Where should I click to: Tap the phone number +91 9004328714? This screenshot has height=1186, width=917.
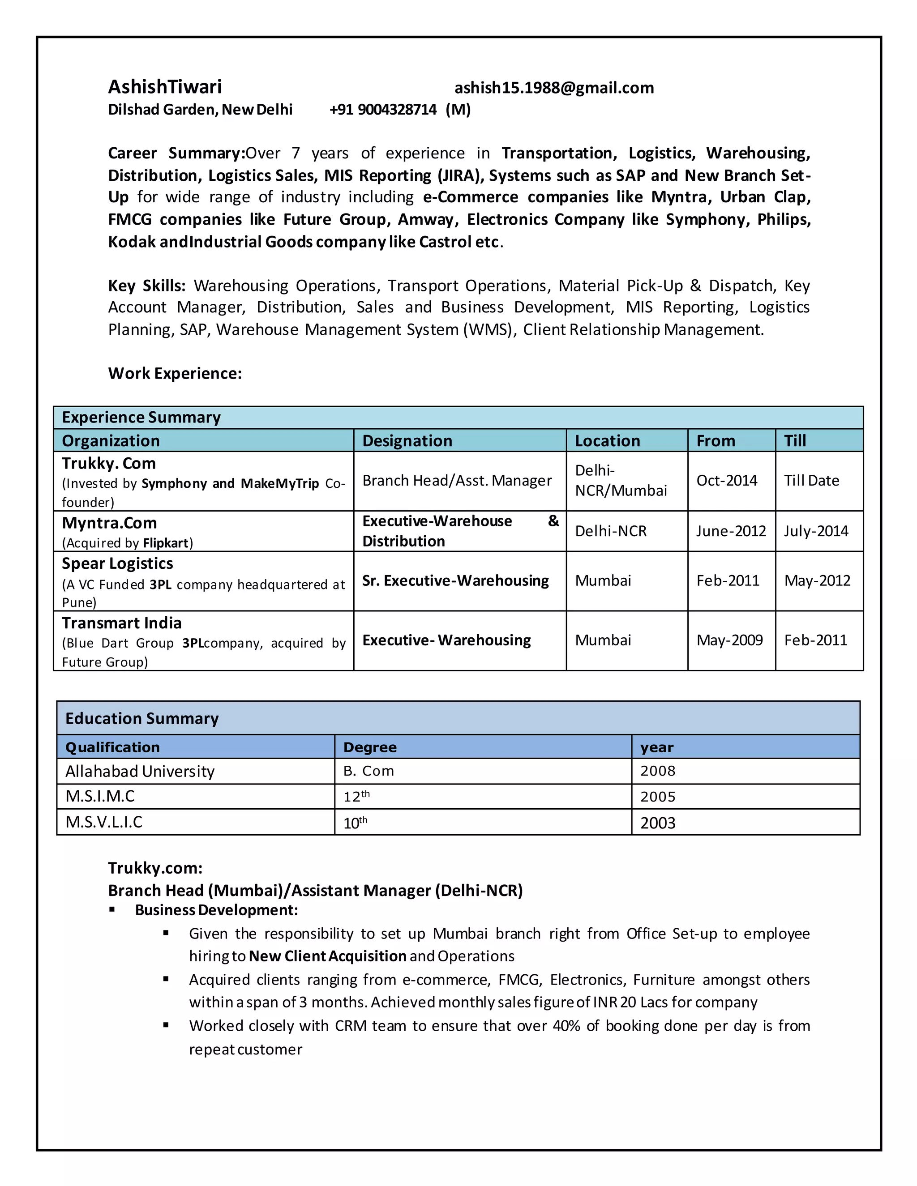[383, 110]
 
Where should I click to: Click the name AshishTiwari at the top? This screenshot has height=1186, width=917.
[165, 87]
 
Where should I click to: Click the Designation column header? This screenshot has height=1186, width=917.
[407, 441]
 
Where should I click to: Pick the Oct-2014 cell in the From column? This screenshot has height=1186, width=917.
[726, 481]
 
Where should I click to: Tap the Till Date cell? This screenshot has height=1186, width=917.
[811, 481]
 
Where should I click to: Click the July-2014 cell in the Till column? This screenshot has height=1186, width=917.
[815, 531]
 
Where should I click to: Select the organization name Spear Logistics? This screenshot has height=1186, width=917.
[117, 563]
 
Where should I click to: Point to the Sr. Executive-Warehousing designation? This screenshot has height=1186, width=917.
[455, 581]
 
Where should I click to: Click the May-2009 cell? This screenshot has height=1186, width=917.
[729, 640]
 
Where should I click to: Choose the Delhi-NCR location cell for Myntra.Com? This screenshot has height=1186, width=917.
[611, 531]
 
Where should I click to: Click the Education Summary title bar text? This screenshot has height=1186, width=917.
[142, 718]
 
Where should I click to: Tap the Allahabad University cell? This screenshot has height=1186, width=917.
[140, 771]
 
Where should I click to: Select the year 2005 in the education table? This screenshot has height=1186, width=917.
[657, 797]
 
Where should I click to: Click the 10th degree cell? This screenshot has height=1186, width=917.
[355, 823]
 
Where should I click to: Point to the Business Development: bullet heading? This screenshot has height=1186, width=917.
[216, 910]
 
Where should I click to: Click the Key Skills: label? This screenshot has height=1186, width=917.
[147, 286]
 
